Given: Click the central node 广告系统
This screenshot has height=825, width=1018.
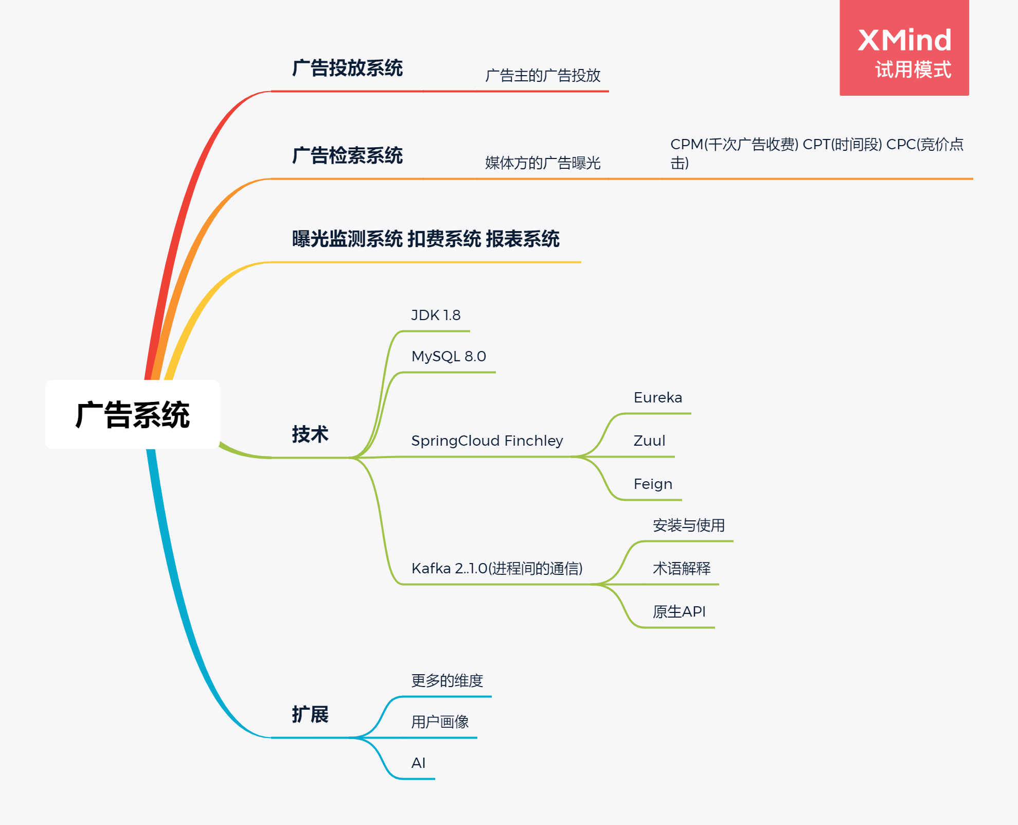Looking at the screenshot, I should [132, 415].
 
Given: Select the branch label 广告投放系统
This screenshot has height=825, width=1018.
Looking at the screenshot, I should [347, 68].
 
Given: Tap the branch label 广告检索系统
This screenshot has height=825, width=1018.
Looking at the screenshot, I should [347, 156].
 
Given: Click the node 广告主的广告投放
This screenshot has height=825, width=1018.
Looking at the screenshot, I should [543, 76].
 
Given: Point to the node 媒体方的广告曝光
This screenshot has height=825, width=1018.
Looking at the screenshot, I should [543, 163].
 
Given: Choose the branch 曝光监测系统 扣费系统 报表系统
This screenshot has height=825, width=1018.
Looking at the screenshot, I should [425, 239].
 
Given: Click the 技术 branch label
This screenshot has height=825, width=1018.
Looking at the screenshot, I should [310, 434].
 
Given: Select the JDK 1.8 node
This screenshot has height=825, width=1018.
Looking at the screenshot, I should [436, 315].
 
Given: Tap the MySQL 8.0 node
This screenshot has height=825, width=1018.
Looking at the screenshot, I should [449, 356].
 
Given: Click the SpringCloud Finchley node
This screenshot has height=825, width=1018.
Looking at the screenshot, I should [487, 441].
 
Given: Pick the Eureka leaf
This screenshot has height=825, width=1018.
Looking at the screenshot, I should [657, 398].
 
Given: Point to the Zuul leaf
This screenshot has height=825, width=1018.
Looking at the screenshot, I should [649, 441].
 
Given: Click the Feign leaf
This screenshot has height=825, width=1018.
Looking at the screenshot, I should [653, 484].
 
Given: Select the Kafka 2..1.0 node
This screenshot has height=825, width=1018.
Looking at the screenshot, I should [496, 569].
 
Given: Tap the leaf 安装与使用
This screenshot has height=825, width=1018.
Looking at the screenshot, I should [688, 525].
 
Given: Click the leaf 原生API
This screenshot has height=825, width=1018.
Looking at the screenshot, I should [679, 612].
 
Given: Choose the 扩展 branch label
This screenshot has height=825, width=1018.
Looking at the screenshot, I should [310, 714].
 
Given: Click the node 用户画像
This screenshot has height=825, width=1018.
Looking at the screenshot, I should [440, 722].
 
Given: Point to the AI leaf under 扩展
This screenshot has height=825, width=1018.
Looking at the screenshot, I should [418, 763].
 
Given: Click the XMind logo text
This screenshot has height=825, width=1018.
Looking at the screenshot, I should [904, 40].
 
